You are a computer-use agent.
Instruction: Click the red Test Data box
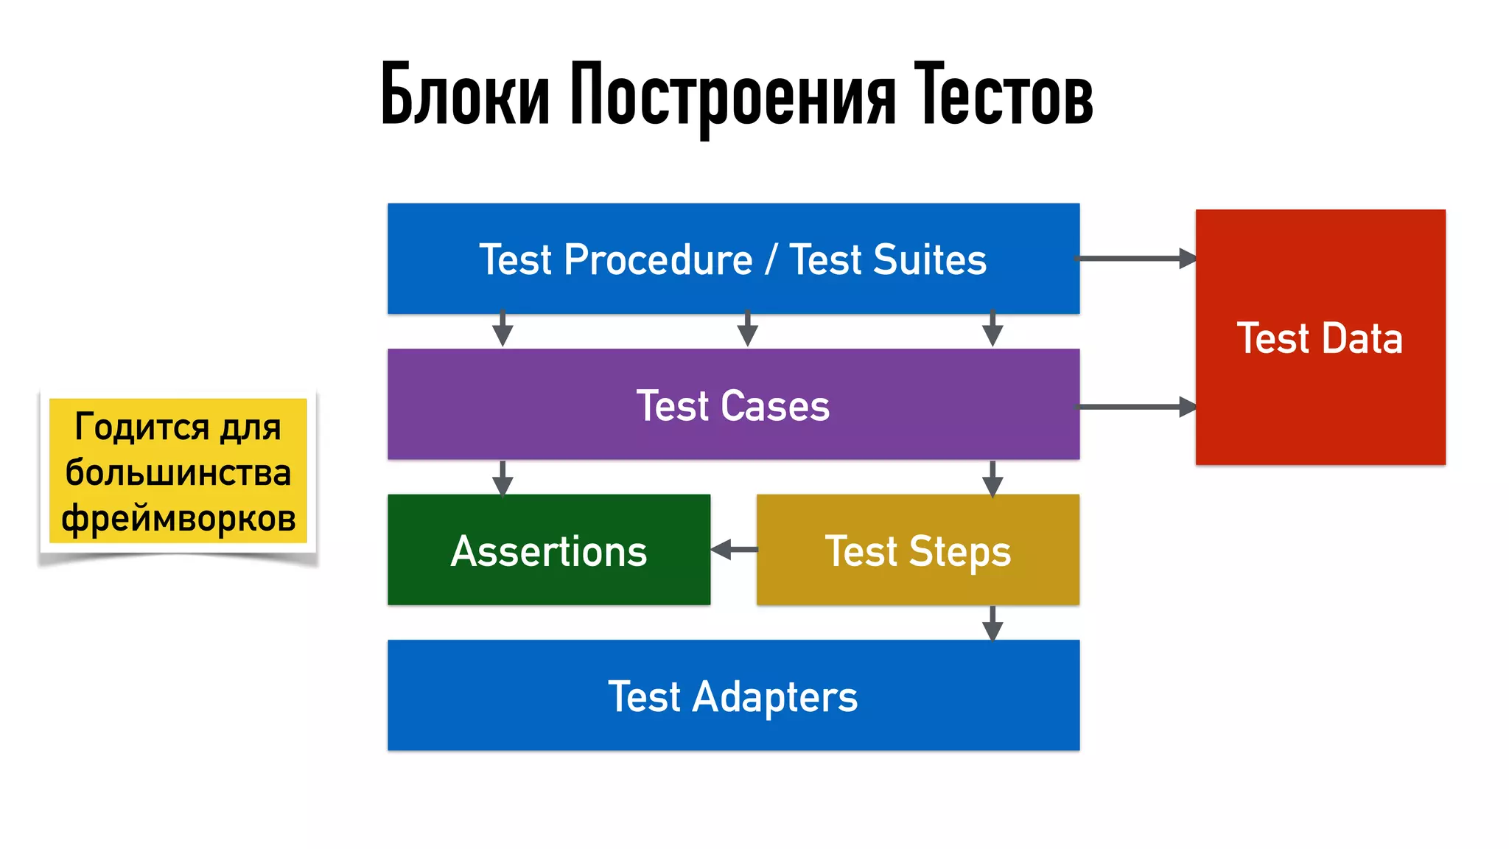click(x=1320, y=337)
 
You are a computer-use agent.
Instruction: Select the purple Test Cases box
click(x=733, y=405)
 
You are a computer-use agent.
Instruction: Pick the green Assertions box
click(x=549, y=551)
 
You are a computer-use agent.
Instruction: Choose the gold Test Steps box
click(x=917, y=551)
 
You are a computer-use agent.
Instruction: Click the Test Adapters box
click(x=733, y=696)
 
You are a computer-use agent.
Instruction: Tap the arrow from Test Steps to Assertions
click(x=734, y=549)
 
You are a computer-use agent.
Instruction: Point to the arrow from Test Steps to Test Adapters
click(x=992, y=623)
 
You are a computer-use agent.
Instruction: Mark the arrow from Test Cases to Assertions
click(x=503, y=478)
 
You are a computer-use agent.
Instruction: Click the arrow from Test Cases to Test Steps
click(x=992, y=478)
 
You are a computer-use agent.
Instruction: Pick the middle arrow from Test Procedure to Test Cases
click(x=747, y=329)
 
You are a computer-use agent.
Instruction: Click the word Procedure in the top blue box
click(x=658, y=259)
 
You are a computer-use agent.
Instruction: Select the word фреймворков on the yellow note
click(x=178, y=518)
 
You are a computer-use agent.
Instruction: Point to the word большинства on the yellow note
click(x=178, y=472)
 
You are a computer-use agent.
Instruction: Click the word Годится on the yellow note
click(x=131, y=427)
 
